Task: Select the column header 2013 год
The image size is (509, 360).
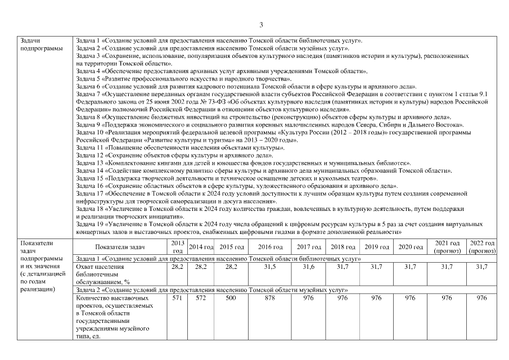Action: (178, 246)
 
